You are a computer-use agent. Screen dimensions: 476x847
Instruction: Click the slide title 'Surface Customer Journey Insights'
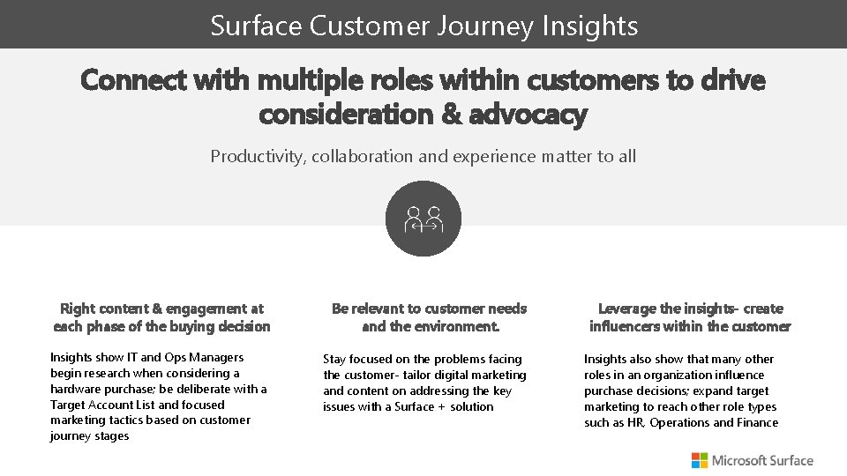coord(423,25)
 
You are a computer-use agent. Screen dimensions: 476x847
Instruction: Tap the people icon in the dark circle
coord(423,219)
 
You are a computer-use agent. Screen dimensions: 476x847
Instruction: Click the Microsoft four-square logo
coord(699,460)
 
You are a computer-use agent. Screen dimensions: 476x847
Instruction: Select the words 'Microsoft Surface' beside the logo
coord(762,460)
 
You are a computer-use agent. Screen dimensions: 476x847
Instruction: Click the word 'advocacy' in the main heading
coord(528,115)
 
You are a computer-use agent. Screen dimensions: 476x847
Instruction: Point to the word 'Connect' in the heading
coord(133,80)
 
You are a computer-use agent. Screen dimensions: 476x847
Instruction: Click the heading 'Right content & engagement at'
coord(161,309)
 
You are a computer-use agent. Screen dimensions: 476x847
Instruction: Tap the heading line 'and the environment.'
coord(431,326)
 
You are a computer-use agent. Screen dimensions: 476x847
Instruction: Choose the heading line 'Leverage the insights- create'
coord(690,309)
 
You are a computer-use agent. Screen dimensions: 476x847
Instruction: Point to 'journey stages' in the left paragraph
coord(89,436)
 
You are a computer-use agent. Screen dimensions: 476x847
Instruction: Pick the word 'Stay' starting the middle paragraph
coord(334,360)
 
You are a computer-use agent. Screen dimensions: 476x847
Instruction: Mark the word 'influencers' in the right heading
coord(625,326)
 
